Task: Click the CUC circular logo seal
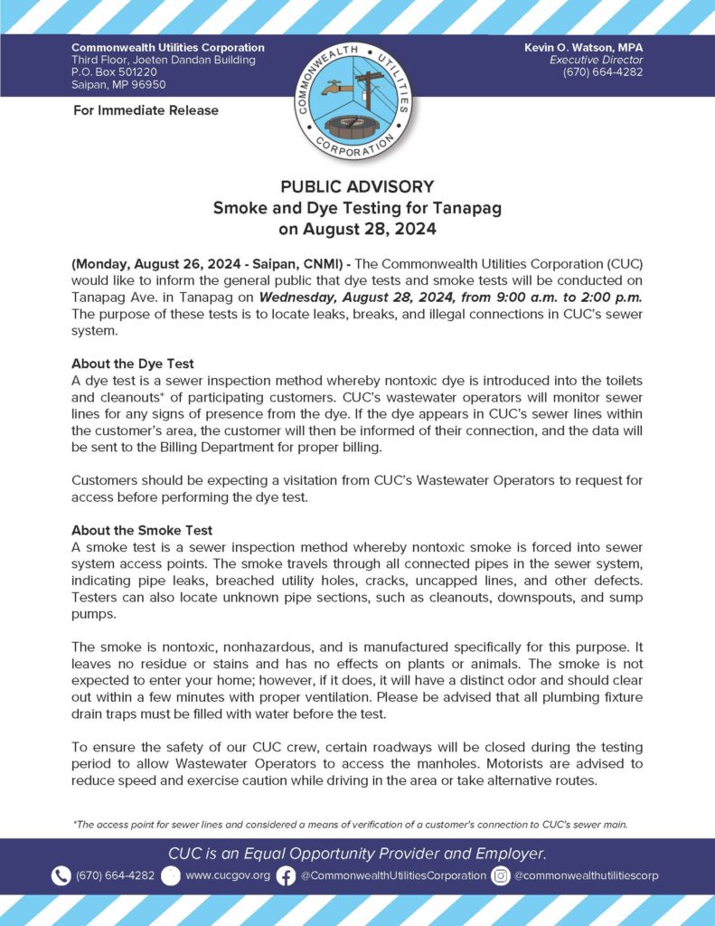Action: tap(357, 99)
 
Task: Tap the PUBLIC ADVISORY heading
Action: tap(357, 186)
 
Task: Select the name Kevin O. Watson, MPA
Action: tap(583, 47)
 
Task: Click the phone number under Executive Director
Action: tap(603, 72)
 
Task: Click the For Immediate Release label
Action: tap(145, 110)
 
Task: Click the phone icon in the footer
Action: tap(61, 875)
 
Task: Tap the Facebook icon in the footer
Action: tap(286, 875)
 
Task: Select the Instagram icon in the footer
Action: tap(501, 875)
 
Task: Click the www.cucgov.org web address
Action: tap(227, 875)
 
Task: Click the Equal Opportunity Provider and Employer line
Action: tap(357, 853)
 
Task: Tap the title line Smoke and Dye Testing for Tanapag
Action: tap(357, 208)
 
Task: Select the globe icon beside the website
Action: tap(171, 875)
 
